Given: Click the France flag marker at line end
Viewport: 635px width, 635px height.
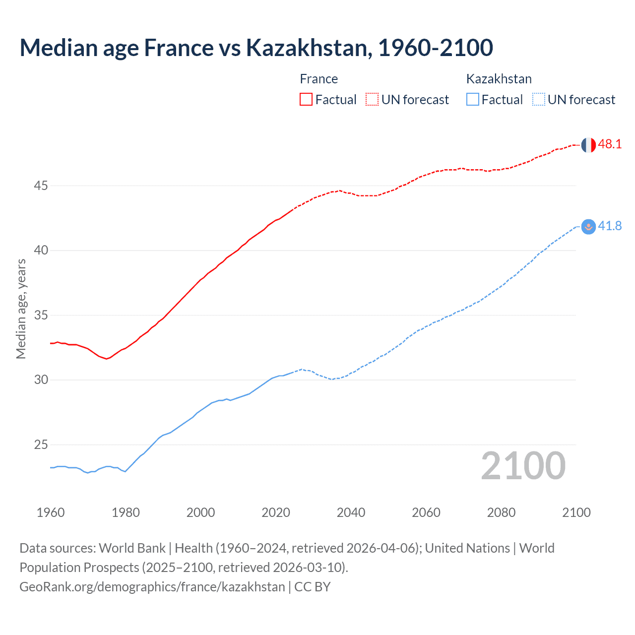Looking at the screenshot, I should coord(588,145).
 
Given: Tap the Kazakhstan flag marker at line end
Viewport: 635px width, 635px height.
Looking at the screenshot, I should coord(588,227).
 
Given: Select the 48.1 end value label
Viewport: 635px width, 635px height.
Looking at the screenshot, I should coord(610,144).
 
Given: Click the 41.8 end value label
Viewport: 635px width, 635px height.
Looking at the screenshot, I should coord(610,226).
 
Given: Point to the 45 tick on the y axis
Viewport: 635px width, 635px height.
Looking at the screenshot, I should coord(41,186).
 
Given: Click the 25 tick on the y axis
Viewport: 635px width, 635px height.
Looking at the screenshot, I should coord(41,445).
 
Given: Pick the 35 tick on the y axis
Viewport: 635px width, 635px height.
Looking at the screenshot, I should coord(41,316).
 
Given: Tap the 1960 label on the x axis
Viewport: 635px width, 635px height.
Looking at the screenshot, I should coord(51,512).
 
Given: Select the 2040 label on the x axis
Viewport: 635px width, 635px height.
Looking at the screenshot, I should coord(351,512).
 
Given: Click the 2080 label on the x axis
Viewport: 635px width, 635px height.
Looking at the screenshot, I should coord(501,512).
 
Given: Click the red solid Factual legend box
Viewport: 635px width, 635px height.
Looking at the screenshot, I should coord(306,100).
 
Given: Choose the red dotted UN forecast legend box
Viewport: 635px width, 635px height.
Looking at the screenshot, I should coord(372,100).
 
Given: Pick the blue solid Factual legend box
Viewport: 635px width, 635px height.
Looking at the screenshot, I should coord(473,100).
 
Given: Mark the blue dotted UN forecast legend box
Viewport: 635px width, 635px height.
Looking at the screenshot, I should coord(539,100).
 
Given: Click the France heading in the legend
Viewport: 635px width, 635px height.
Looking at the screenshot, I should coord(319,79).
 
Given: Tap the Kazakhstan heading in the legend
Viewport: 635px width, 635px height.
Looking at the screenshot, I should coord(499,79).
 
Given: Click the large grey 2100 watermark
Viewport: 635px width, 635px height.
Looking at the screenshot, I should coord(523,466).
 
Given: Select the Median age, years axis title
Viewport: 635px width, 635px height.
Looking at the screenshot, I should coord(21,309).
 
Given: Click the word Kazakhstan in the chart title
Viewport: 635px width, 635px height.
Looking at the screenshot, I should coord(308,48).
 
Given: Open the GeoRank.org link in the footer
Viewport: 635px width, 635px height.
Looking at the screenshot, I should coord(152,587).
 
